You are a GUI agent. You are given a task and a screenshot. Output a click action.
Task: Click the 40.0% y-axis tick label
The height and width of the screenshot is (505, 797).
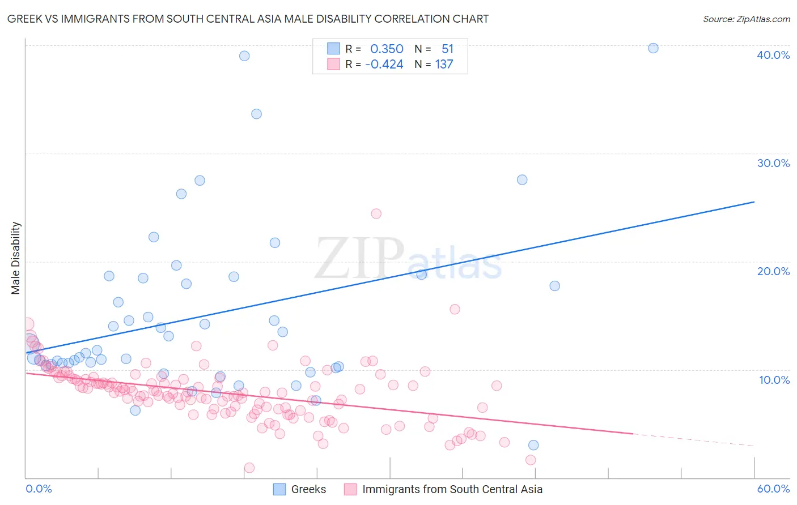773,55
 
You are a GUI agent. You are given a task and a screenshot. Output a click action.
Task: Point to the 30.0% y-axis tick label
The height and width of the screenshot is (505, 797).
773,163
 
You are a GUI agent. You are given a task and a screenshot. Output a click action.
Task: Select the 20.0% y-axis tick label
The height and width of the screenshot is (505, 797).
773,271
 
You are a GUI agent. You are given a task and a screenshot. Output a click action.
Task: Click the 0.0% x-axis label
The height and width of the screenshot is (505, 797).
39,489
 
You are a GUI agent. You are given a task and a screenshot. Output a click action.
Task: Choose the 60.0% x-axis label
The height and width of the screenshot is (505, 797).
773,489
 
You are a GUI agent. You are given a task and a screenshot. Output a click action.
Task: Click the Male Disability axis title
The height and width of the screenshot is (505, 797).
16,258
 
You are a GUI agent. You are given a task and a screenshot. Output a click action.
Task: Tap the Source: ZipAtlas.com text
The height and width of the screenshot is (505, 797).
746,19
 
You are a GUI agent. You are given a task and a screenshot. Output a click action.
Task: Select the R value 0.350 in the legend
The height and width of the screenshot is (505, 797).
387,49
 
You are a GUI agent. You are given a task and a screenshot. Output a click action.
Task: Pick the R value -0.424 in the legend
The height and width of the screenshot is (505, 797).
384,65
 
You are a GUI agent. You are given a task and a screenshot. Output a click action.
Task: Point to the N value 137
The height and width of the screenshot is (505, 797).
444,65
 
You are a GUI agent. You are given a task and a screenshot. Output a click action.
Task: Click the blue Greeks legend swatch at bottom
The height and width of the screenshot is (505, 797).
279,489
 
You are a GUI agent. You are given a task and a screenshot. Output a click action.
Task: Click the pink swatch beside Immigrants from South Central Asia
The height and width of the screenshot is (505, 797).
350,489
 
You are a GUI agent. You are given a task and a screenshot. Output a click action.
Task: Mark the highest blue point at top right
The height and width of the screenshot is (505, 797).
653,48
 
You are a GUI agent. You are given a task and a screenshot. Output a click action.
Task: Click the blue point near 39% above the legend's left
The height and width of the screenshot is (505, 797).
244,55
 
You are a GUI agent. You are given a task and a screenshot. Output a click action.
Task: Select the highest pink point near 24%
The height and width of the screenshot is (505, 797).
376,213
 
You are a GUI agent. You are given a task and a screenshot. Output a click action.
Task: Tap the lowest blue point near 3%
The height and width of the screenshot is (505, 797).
533,445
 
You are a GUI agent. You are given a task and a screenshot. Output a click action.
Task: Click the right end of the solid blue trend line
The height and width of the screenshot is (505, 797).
754,202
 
